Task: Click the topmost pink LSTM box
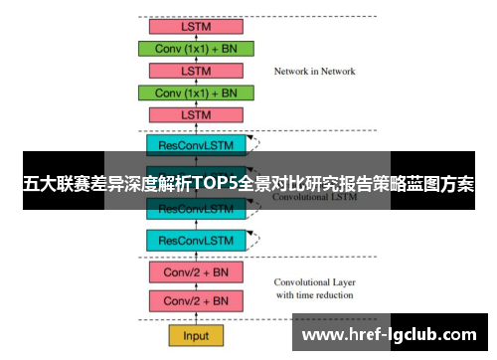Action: pos(196,26)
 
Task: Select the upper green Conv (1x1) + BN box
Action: pos(196,49)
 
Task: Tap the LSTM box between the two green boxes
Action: pos(196,71)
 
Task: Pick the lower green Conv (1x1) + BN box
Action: pos(196,92)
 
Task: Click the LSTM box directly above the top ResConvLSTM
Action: pos(196,115)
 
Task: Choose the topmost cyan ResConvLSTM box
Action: pos(196,145)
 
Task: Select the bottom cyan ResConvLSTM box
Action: pos(196,240)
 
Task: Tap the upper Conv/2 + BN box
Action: pos(196,272)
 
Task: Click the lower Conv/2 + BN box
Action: pos(196,300)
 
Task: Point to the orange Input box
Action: pos(196,335)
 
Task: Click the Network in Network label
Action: pos(314,72)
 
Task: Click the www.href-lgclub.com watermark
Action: pos(394,335)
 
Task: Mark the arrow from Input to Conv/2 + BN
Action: pos(196,318)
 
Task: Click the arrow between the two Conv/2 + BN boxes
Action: pos(196,286)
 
